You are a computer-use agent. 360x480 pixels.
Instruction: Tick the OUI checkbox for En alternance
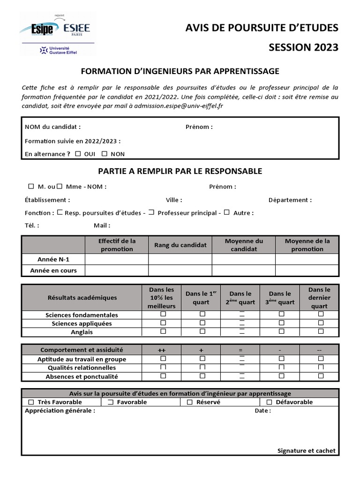click(x=78, y=153)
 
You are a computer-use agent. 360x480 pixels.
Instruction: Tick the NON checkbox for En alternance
click(x=105, y=153)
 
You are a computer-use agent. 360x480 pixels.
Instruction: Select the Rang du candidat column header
click(x=180, y=245)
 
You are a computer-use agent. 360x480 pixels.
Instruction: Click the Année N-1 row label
click(x=53, y=259)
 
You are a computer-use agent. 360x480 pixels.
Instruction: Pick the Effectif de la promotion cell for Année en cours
click(x=117, y=270)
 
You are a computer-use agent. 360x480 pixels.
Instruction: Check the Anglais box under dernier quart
click(x=321, y=331)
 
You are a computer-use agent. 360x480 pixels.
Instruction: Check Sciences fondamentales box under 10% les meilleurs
click(x=163, y=314)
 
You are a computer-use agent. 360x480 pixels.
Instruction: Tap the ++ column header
click(x=162, y=350)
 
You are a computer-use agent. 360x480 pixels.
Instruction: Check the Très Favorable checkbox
click(x=31, y=402)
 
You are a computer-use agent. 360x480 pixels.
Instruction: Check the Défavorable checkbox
click(x=270, y=402)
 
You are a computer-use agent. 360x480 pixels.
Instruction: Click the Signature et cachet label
click(x=306, y=450)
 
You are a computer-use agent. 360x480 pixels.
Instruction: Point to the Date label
click(x=262, y=411)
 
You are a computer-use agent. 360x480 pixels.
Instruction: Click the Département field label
click(x=290, y=200)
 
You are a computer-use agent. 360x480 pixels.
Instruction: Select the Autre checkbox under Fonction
click(x=226, y=212)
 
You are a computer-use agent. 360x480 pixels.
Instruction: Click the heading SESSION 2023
click(x=303, y=47)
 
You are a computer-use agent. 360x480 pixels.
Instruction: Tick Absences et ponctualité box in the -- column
click(x=321, y=376)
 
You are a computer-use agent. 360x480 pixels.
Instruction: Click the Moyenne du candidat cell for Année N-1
click(x=243, y=259)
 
